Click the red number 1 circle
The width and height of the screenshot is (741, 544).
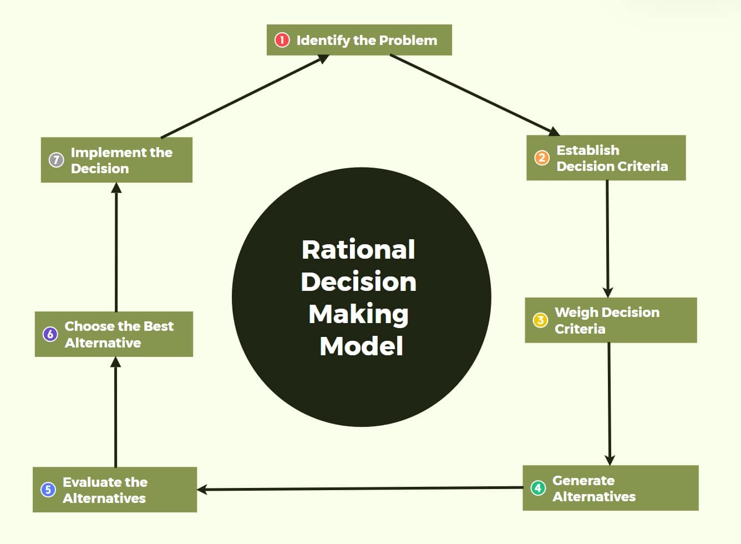[x=282, y=40]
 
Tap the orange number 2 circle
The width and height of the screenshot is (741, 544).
[x=541, y=158]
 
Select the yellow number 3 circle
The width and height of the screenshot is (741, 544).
[x=540, y=320]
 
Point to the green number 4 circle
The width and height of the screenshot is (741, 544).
[x=537, y=488]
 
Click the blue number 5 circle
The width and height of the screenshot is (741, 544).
[x=48, y=490]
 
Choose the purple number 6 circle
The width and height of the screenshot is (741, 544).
[x=50, y=334]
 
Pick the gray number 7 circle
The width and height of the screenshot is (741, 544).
[x=56, y=160]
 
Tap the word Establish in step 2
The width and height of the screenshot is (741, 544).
[x=587, y=150]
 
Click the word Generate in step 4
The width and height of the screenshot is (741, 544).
[x=583, y=481]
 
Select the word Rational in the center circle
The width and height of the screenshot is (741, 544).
[x=358, y=250]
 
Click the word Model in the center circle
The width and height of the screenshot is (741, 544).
[x=361, y=346]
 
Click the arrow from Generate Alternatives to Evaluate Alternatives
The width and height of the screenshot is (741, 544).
[x=361, y=488]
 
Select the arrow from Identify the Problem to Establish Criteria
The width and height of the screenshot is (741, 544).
[x=474, y=95]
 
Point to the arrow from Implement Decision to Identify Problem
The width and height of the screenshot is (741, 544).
[x=244, y=97]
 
